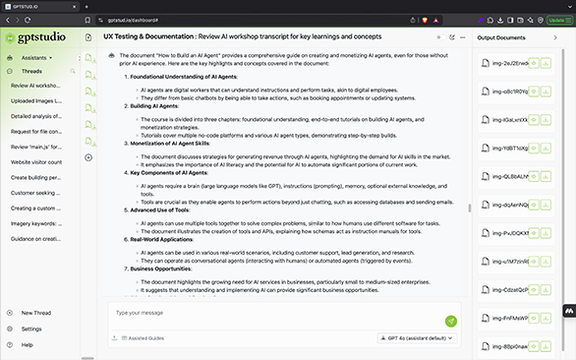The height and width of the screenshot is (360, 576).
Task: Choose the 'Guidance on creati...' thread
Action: (35, 239)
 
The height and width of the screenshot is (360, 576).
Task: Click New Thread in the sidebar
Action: (35, 313)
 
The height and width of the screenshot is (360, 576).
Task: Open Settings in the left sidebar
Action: (31, 329)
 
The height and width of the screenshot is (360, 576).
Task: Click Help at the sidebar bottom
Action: (27, 344)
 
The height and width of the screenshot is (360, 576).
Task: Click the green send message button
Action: (451, 321)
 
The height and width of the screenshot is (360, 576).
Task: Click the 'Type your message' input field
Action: (275, 314)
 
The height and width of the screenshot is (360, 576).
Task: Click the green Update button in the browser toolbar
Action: (556, 20)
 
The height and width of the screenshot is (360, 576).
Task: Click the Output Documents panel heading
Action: (501, 37)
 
